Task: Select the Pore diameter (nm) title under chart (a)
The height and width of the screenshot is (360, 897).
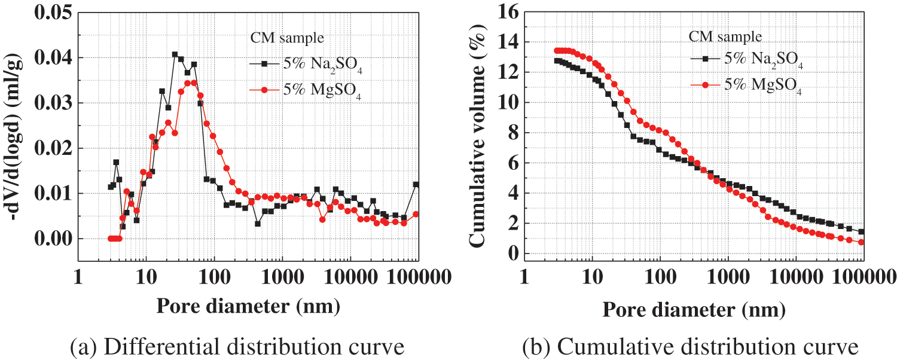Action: click(x=248, y=306)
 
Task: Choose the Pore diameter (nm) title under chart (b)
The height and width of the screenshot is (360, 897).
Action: click(x=694, y=309)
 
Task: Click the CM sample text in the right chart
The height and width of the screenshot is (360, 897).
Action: click(x=725, y=36)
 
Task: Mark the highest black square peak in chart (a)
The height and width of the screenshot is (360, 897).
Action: click(x=175, y=54)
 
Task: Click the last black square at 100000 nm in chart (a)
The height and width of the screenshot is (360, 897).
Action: click(x=416, y=185)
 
